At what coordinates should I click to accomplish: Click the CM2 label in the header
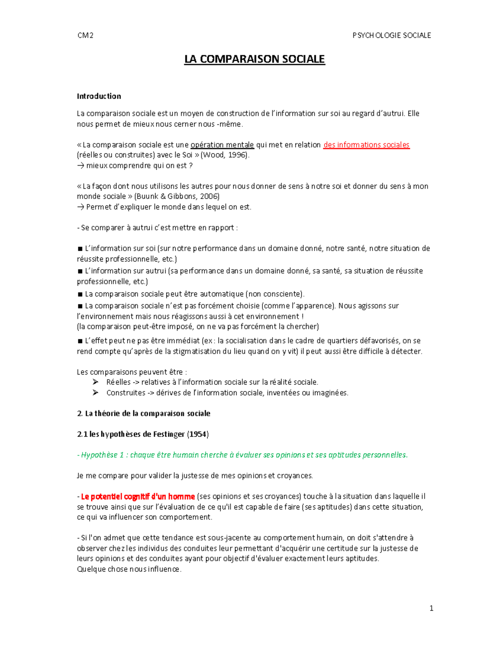86,36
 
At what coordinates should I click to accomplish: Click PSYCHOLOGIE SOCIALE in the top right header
392,36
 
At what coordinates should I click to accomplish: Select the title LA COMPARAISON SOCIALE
254,59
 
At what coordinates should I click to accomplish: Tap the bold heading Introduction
99,96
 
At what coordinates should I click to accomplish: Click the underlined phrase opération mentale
222,145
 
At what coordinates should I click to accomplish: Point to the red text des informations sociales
366,145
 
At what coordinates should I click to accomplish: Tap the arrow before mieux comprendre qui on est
80,166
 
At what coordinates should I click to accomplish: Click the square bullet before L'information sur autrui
80,271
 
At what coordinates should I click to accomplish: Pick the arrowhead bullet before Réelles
96,382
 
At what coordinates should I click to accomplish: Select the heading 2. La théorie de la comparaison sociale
143,414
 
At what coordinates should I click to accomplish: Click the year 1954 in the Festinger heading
198,434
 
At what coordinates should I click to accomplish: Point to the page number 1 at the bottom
431,609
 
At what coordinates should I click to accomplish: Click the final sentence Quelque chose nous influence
129,569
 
